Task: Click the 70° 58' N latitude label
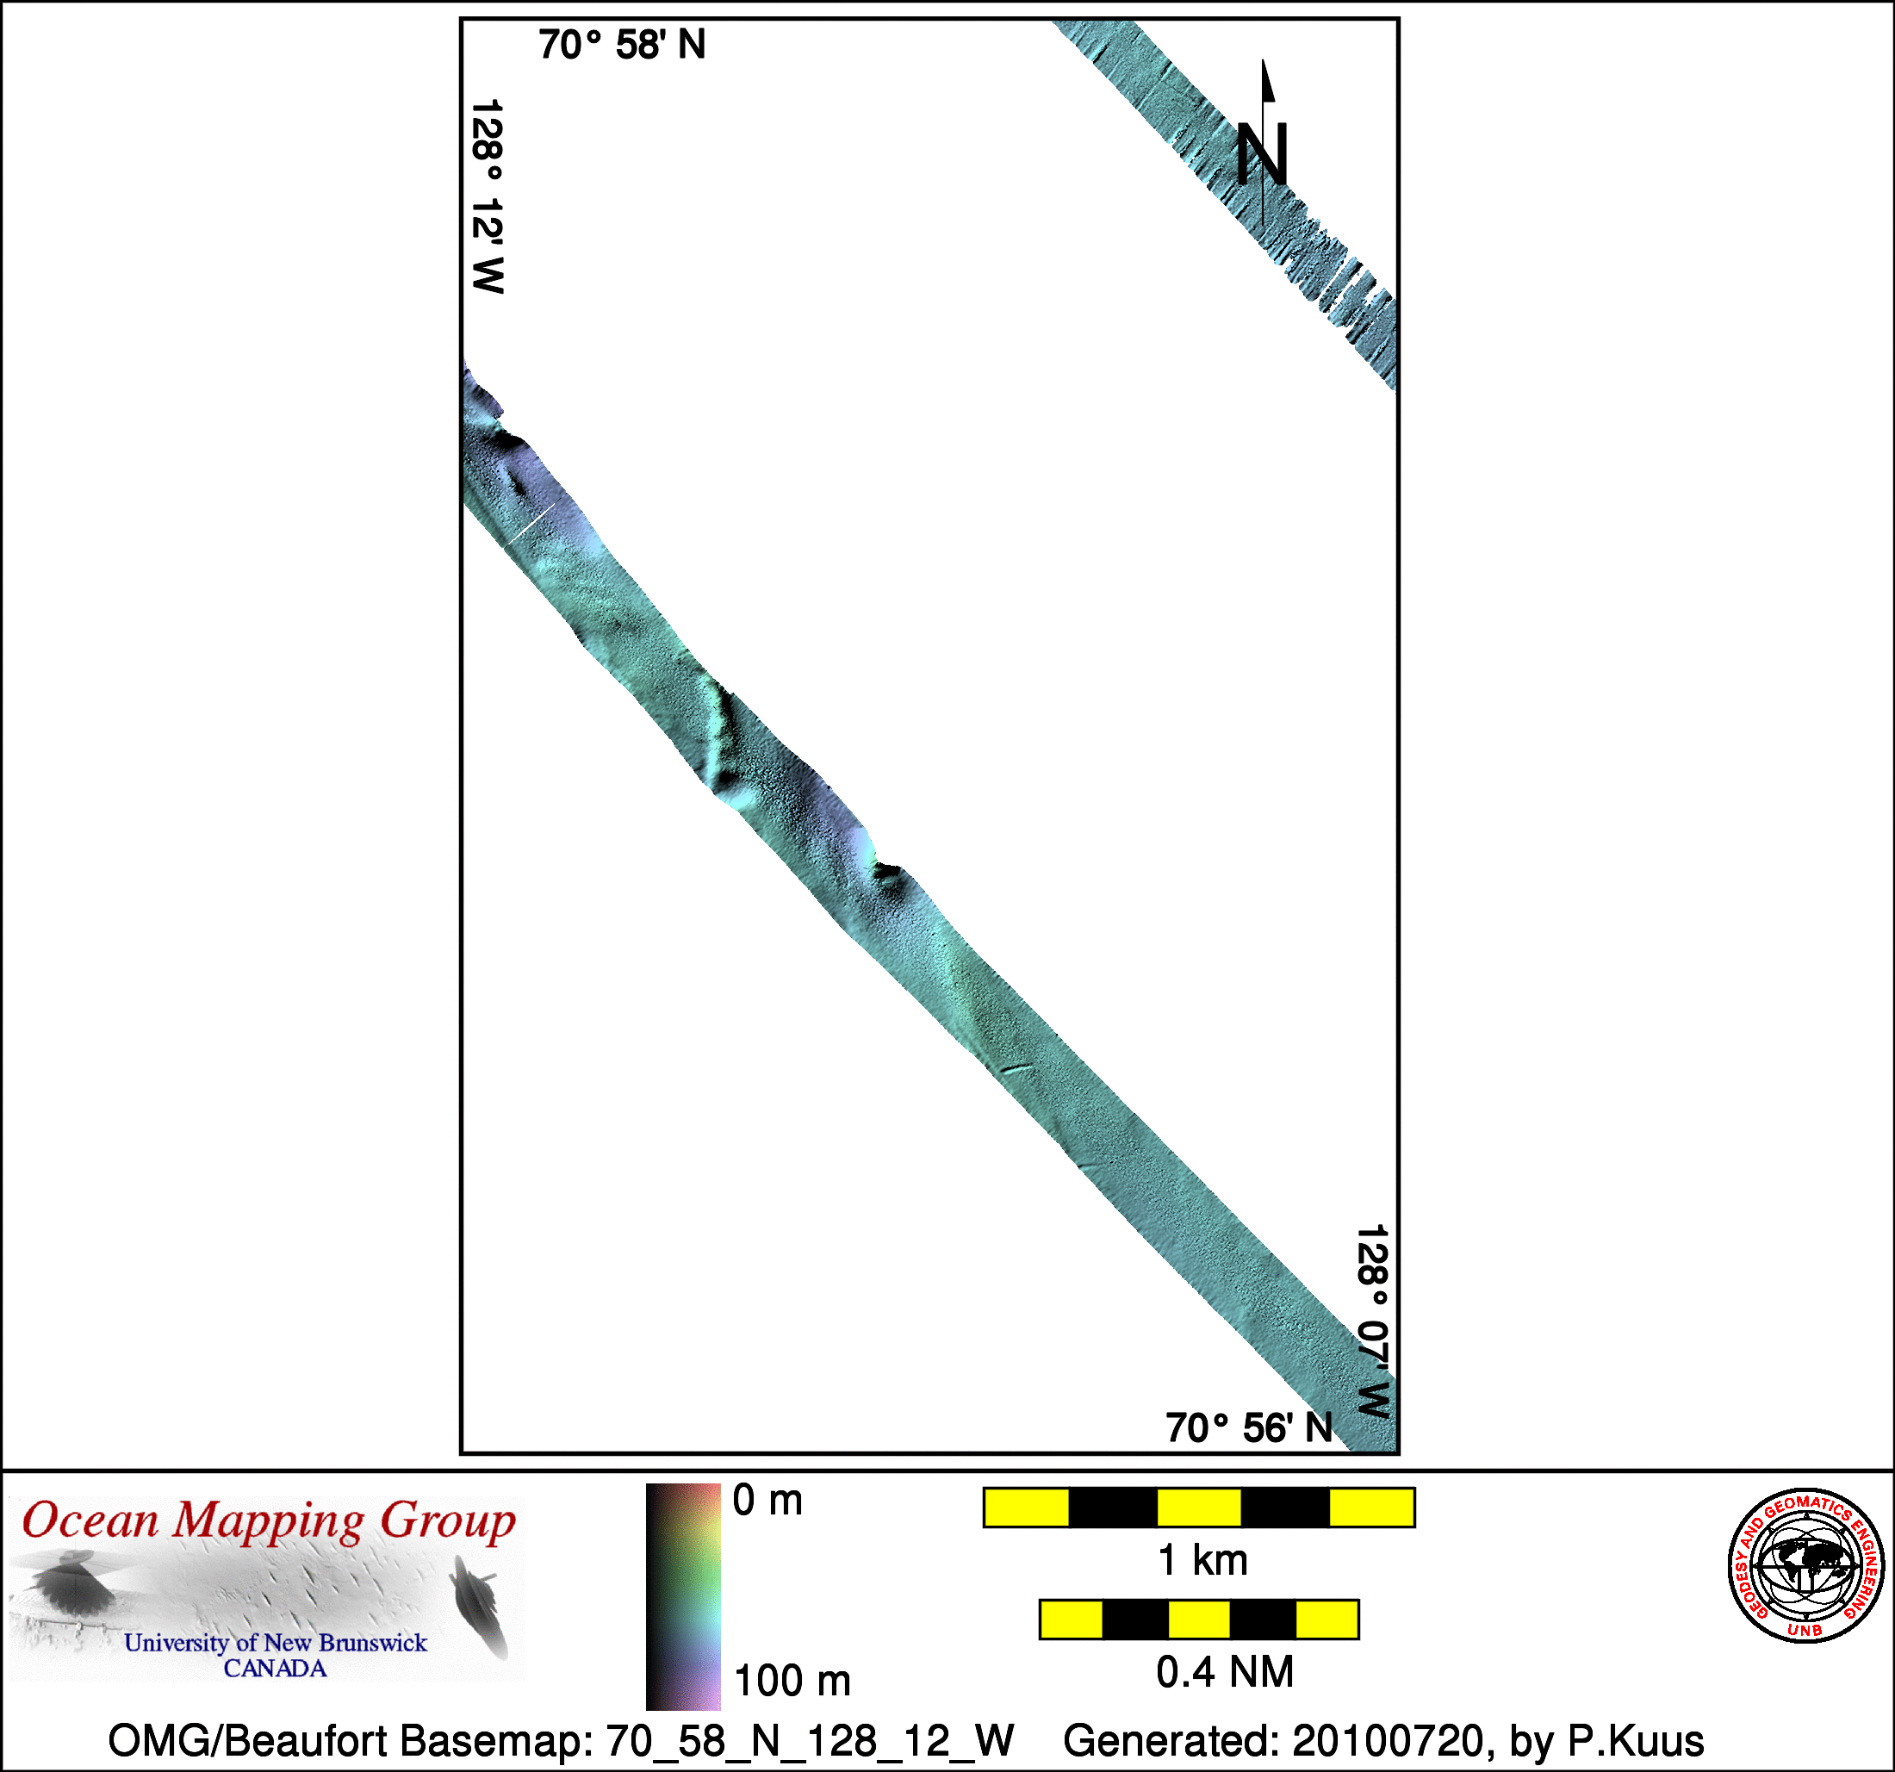[622, 45]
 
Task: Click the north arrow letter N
[1262, 154]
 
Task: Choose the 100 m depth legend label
[792, 1681]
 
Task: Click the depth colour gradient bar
[683, 1595]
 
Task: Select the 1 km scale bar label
[1203, 1560]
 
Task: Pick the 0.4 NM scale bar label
[1225, 1672]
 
